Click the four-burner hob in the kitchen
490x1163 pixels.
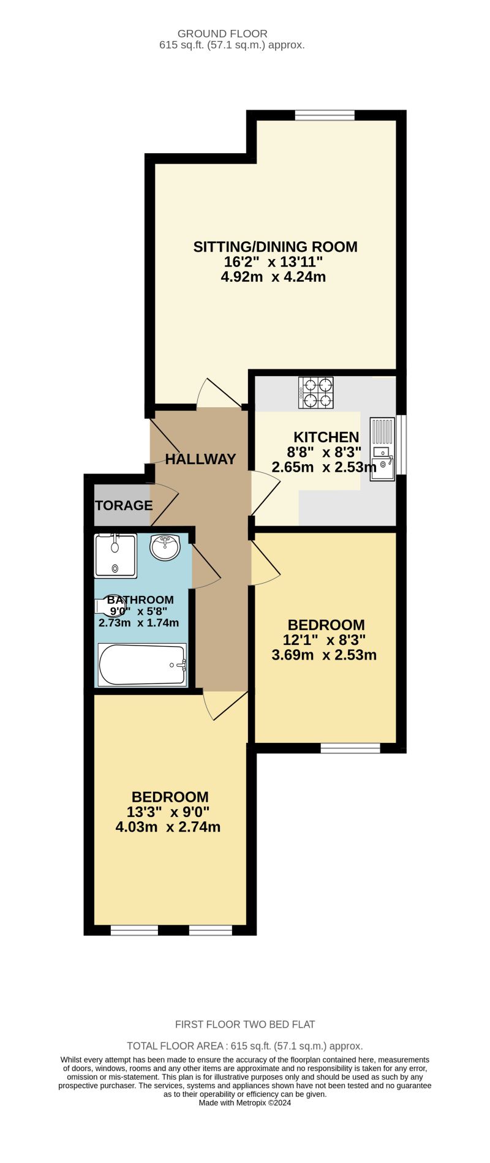pos(316,393)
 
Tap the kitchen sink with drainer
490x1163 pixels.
pos(382,448)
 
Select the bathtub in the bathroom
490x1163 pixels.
pos(142,664)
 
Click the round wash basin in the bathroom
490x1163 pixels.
pos(165,547)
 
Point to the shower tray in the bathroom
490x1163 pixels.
pos(115,555)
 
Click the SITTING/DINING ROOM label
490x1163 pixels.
pos(275,247)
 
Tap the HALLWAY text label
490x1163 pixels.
pos(200,459)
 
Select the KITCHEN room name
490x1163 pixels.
pos(326,437)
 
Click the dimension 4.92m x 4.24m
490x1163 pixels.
pos(273,277)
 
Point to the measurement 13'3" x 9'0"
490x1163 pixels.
pos(168,812)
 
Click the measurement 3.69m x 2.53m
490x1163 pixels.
pos(324,655)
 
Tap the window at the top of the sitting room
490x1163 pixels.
pos(324,115)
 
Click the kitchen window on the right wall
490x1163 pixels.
pos(401,445)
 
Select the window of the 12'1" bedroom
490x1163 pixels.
pos(350,748)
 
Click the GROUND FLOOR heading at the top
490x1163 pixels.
pos(222,34)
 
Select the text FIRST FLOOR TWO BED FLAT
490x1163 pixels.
pos(245,1024)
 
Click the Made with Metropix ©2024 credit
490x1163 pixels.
pos(245,1103)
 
